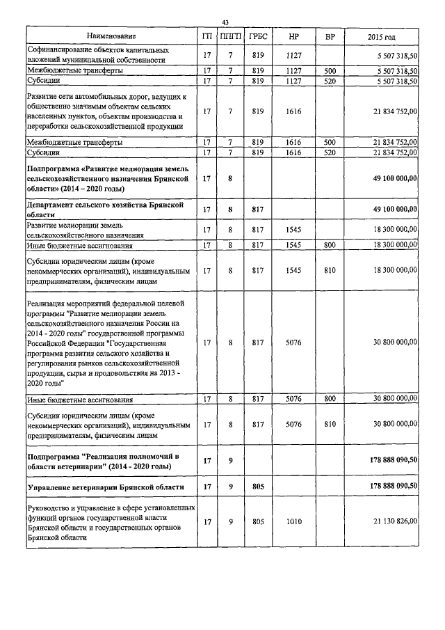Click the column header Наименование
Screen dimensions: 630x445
111,36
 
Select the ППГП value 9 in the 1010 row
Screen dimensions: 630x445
229,521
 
